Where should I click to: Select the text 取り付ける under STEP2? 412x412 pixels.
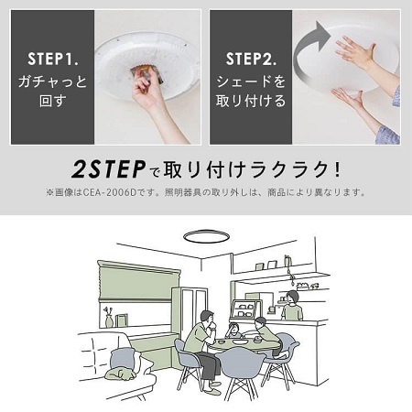pyautogui.click(x=252, y=103)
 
